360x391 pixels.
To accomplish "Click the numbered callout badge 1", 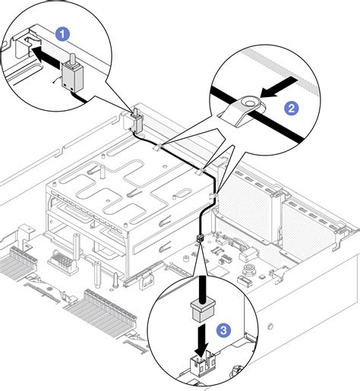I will pyautogui.click(x=64, y=33).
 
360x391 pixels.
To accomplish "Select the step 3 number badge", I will pyautogui.click(x=222, y=330).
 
